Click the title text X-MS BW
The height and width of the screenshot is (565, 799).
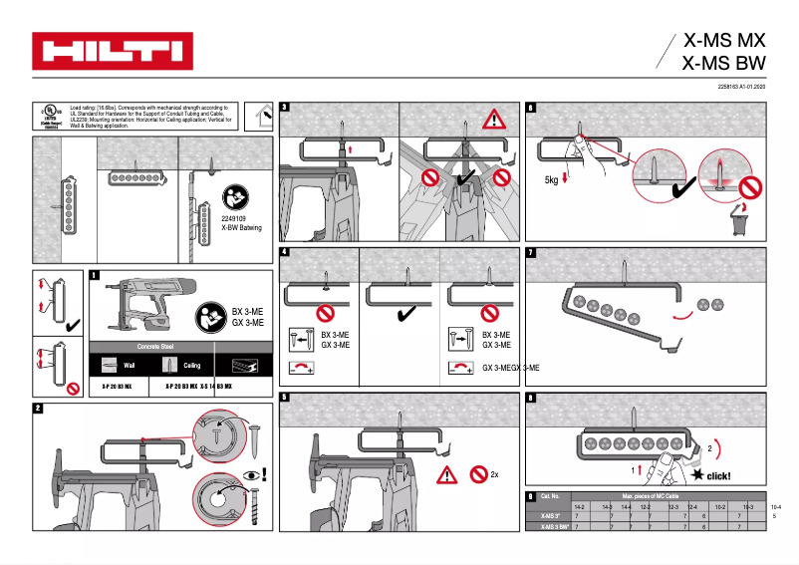(x=724, y=64)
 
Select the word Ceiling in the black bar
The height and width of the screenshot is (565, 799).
(x=191, y=366)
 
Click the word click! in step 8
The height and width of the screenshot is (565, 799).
(x=717, y=476)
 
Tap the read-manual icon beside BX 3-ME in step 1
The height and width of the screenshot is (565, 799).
(x=211, y=315)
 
